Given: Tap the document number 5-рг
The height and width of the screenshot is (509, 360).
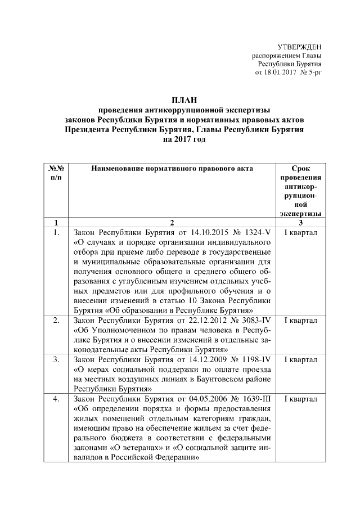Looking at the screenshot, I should pos(313,73).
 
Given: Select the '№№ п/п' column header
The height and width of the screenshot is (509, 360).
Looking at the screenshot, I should pos(55,173).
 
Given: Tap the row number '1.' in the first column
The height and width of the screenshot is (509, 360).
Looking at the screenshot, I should pos(55,232).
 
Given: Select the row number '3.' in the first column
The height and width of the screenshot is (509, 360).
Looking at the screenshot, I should pos(55,358).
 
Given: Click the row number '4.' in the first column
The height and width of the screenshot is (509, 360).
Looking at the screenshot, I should pos(55,399).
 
